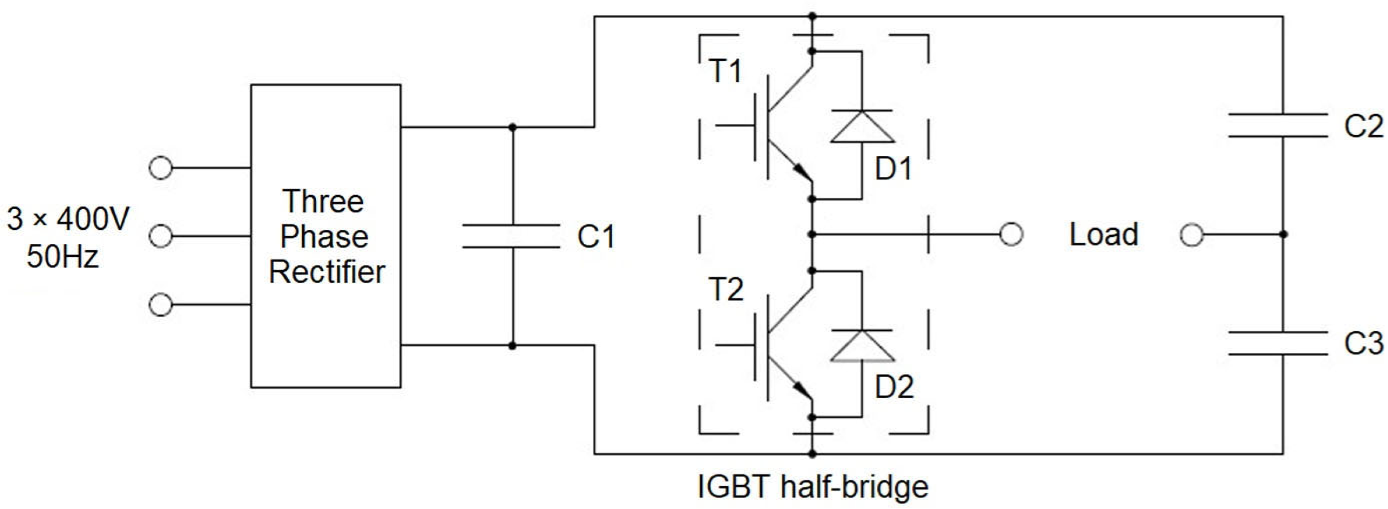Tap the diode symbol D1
862,127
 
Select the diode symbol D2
862,346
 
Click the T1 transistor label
726,70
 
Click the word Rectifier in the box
327,271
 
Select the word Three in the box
323,201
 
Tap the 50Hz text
63,256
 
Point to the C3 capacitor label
1363,343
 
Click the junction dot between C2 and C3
1283,234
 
